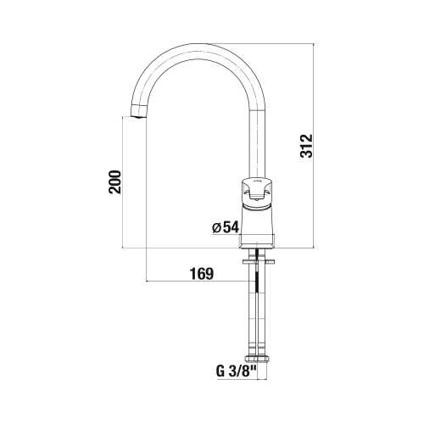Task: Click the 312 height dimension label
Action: [307, 146]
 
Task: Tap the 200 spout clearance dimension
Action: [115, 181]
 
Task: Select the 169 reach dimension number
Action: [202, 274]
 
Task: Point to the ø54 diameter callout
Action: [226, 227]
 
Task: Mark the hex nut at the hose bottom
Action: [258, 359]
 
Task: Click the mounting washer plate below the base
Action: [258, 262]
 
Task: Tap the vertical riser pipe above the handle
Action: [258, 144]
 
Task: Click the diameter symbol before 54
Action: [216, 228]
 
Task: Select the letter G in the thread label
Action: [220, 371]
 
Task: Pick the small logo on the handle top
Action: [256, 180]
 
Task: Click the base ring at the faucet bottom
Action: [257, 242]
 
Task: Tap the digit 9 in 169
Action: [209, 274]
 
